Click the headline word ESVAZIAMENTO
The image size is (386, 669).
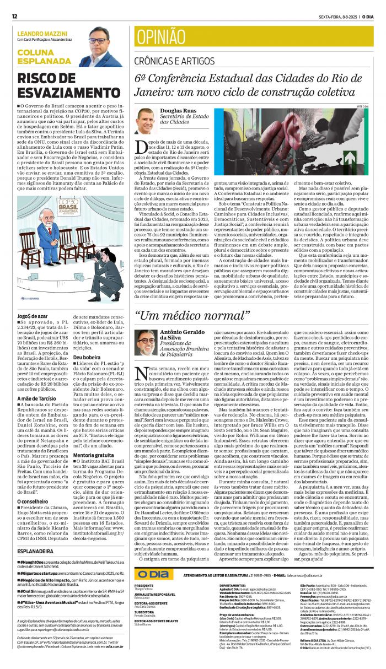coord(61,93)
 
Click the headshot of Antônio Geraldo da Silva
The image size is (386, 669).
coord(146,342)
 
